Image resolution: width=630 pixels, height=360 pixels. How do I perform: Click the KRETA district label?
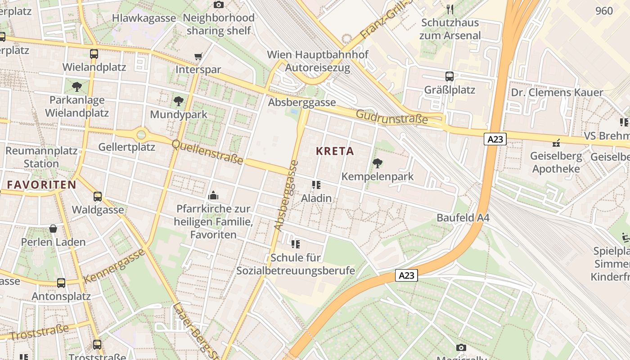[x=335, y=151]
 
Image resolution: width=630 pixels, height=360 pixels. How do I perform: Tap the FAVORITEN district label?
[x=41, y=184]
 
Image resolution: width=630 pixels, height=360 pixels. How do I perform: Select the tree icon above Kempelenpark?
[x=378, y=163]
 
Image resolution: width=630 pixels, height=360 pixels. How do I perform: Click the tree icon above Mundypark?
[x=179, y=101]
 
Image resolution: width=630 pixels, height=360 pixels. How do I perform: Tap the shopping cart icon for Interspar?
[x=198, y=57]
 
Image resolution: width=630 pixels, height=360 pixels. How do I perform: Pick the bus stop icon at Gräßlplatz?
[x=449, y=76]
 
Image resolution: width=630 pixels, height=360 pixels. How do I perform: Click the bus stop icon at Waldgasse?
[x=98, y=197]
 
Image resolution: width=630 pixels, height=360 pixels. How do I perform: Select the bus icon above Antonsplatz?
[x=61, y=283]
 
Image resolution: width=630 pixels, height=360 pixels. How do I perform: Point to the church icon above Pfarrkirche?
[x=213, y=195]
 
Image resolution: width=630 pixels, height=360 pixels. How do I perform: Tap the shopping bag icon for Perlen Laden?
[x=53, y=229]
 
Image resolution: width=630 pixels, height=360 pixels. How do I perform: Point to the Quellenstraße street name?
[x=208, y=152]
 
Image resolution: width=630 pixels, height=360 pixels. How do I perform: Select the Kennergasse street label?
[x=115, y=265]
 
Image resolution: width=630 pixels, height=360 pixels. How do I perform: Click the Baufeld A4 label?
[x=463, y=218]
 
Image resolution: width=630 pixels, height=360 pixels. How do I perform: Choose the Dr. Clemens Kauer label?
[x=557, y=93]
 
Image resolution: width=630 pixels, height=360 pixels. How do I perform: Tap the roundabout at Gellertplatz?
[x=141, y=134]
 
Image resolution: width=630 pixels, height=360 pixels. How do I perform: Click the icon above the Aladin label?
[x=316, y=185]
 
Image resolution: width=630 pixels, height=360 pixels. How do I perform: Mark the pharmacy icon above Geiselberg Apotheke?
[x=556, y=143]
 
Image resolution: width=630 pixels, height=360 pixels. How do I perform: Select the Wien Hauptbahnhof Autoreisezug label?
[x=317, y=61]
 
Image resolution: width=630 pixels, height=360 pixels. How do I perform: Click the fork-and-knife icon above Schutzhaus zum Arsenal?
[x=450, y=9]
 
